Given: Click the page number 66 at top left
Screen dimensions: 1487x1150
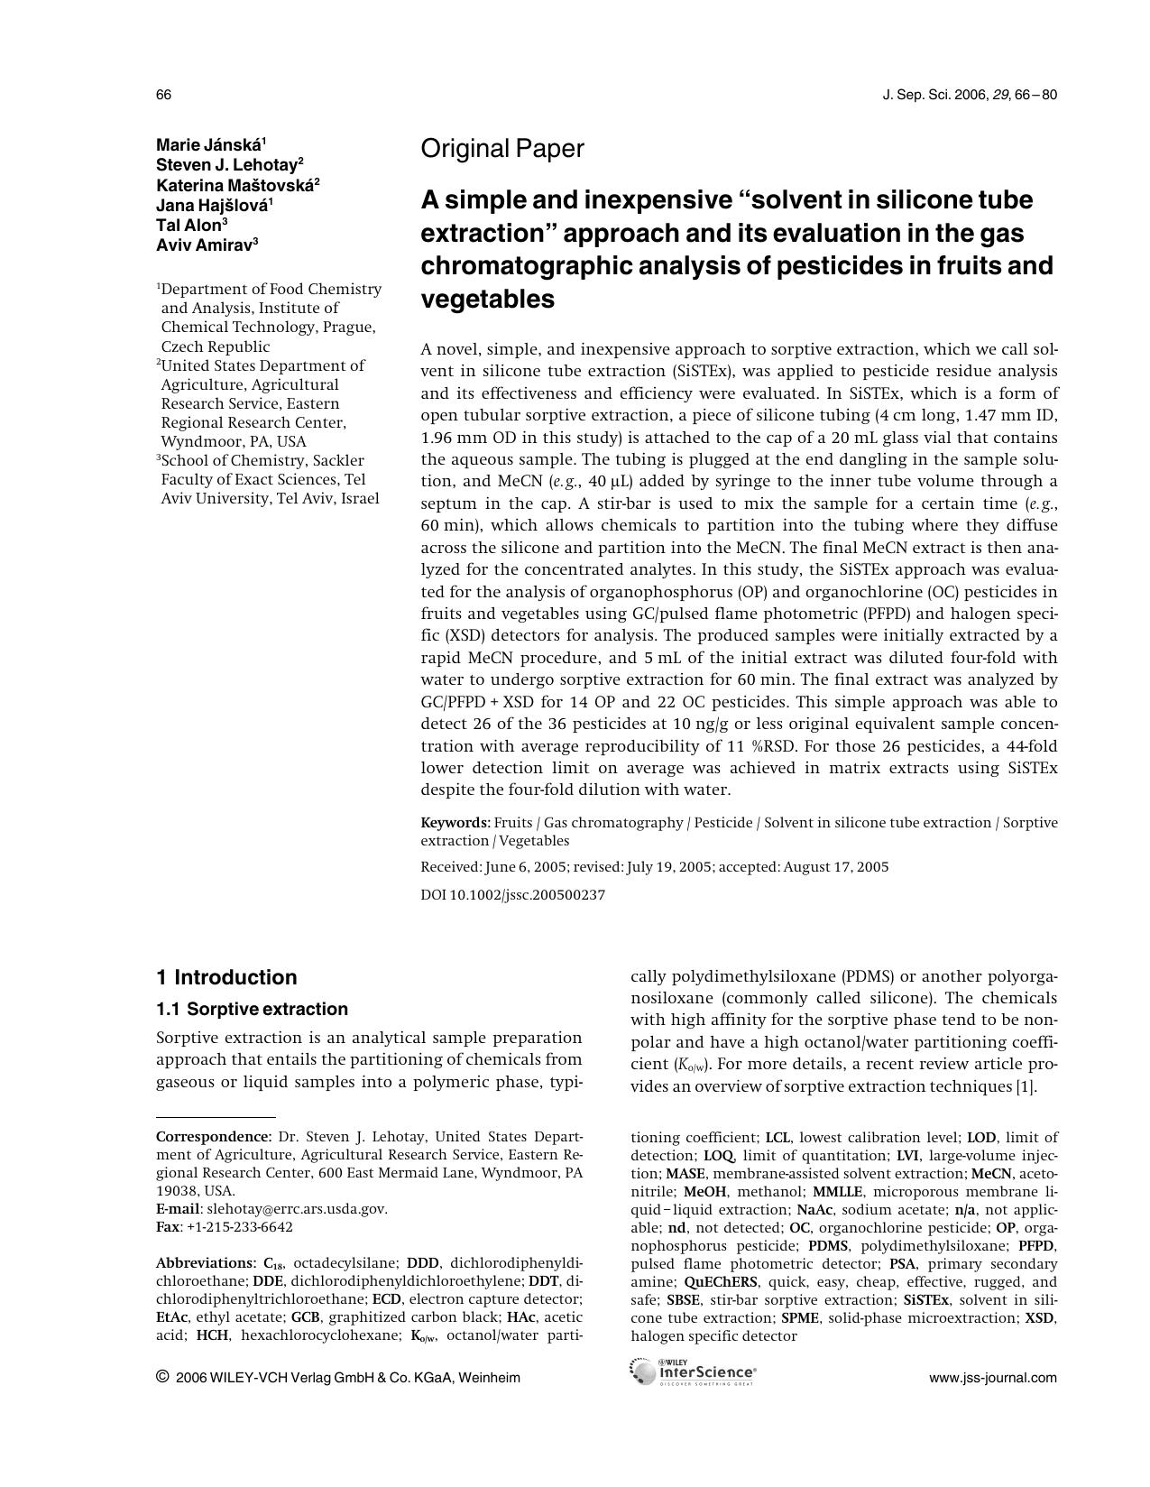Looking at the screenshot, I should tap(163, 95).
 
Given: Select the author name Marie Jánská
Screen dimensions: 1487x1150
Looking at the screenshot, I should tap(210, 144).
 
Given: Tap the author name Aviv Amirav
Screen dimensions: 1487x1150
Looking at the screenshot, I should tap(207, 245).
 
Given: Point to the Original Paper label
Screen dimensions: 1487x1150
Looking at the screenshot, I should tap(501, 149).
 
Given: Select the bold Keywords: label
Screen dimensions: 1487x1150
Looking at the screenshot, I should tap(455, 823).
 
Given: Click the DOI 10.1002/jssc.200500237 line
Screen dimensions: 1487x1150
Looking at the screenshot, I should tap(512, 895).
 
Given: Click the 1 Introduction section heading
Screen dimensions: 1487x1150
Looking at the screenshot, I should tap(226, 977).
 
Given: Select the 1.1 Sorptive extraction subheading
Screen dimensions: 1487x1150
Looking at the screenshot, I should tap(252, 1009).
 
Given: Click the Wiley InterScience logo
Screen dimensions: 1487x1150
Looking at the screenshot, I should tap(695, 1372).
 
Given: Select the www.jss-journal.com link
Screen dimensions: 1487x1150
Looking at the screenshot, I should tap(992, 1378).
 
